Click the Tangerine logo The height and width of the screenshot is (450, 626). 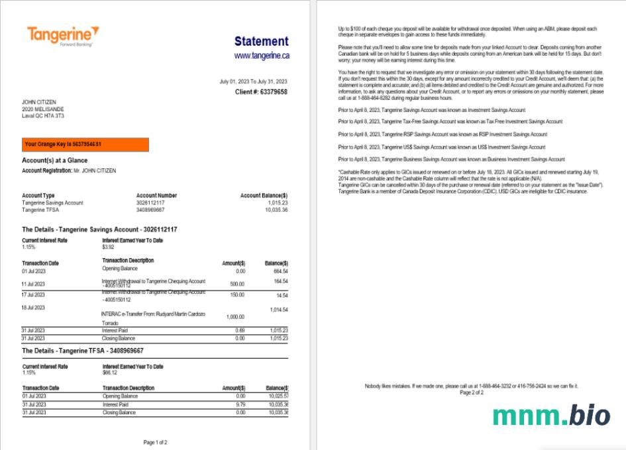(x=63, y=35)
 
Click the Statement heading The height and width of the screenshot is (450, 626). (x=261, y=42)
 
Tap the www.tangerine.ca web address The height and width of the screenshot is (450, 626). (x=262, y=56)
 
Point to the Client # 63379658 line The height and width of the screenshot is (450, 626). (x=261, y=92)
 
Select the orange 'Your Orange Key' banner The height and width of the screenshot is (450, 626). (x=85, y=144)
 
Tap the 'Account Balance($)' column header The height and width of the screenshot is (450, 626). (x=264, y=196)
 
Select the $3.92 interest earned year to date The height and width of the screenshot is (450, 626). (x=109, y=247)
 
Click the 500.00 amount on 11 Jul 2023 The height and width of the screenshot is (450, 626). (x=236, y=283)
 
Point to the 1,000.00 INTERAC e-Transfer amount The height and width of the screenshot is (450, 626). (x=235, y=317)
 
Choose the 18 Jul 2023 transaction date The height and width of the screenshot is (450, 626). (x=32, y=308)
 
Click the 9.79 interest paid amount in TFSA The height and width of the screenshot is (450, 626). (x=240, y=404)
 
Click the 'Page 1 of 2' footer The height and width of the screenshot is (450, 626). (x=155, y=442)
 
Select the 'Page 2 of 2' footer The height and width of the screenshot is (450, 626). (x=472, y=392)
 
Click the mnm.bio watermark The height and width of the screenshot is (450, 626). (x=551, y=415)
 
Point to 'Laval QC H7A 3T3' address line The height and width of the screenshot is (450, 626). (x=43, y=116)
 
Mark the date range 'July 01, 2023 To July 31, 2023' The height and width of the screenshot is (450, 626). (x=253, y=81)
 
